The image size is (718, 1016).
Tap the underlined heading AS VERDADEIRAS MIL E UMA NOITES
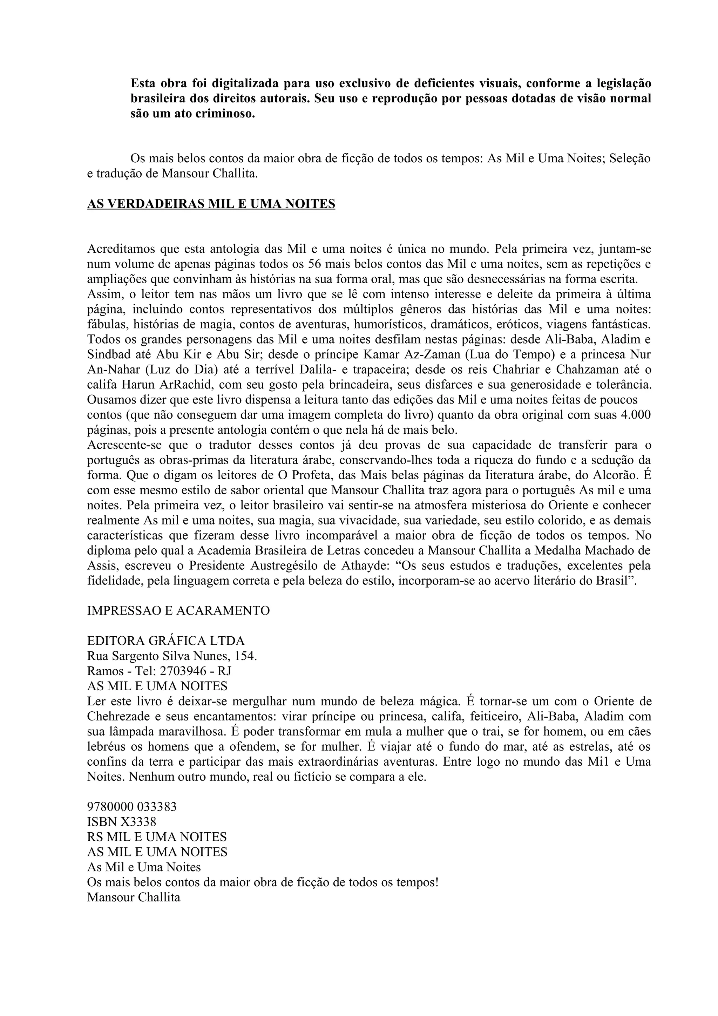pyautogui.click(x=211, y=204)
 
